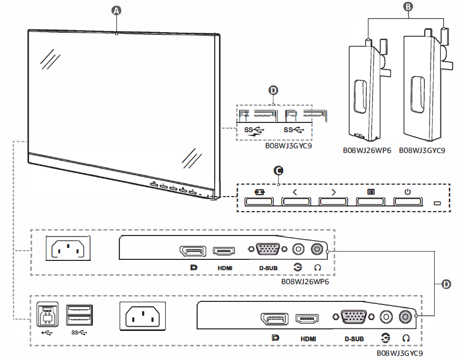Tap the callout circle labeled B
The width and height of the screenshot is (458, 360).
click(x=408, y=7)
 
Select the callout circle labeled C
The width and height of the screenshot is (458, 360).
click(x=279, y=170)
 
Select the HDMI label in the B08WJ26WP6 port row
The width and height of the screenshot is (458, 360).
click(x=224, y=268)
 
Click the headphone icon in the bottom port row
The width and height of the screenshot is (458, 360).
click(x=407, y=337)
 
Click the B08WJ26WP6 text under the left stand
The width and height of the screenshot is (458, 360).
click(x=366, y=151)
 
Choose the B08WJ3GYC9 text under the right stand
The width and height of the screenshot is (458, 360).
click(x=422, y=151)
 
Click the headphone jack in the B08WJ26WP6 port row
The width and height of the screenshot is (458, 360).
click(x=317, y=250)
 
